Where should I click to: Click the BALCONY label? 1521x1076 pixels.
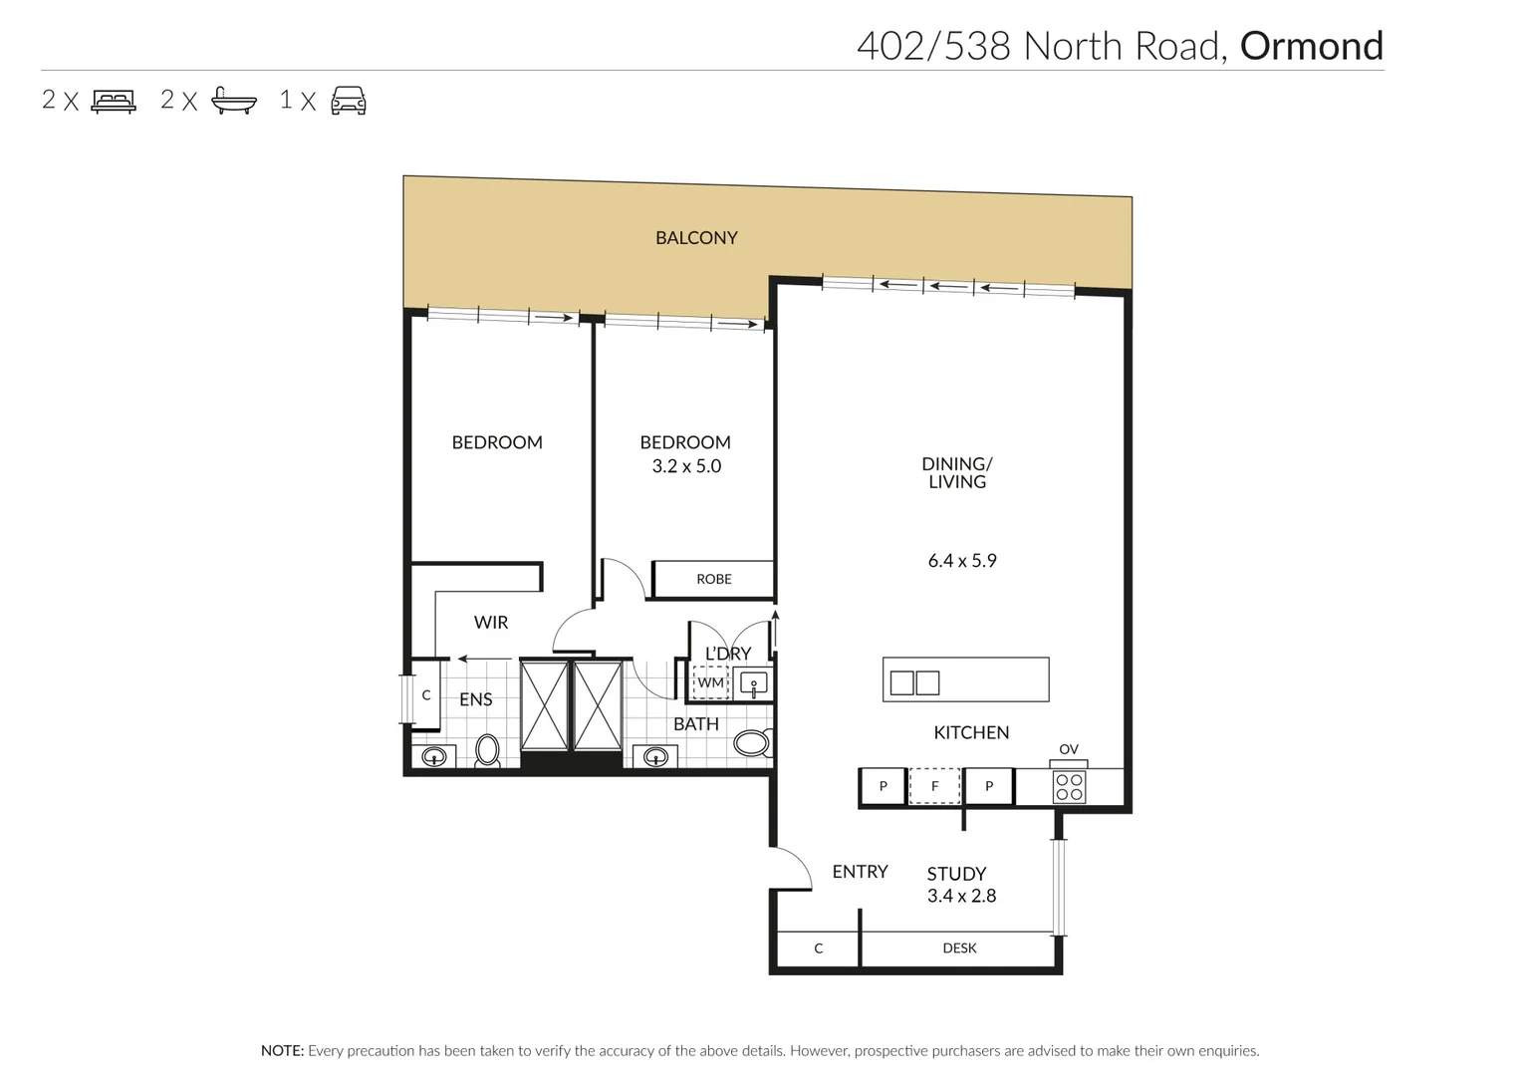pyautogui.click(x=696, y=238)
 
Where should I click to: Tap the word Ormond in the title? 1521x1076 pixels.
pyautogui.click(x=1311, y=46)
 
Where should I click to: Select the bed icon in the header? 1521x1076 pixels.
pyautogui.click(x=114, y=101)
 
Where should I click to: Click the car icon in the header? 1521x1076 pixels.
pyautogui.click(x=349, y=101)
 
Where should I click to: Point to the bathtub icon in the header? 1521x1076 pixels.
pyautogui.click(x=234, y=101)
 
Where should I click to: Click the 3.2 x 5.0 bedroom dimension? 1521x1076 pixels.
pyautogui.click(x=686, y=466)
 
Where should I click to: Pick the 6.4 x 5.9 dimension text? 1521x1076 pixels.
pyautogui.click(x=962, y=561)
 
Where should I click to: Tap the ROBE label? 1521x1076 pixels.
pyautogui.click(x=714, y=579)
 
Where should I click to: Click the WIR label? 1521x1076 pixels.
pyautogui.click(x=491, y=623)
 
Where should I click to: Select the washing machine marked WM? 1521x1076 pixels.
pyautogui.click(x=711, y=683)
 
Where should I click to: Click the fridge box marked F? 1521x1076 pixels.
pyautogui.click(x=935, y=786)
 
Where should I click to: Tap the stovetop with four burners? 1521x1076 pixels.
pyautogui.click(x=1070, y=787)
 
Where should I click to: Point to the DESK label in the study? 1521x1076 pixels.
pyautogui.click(x=959, y=948)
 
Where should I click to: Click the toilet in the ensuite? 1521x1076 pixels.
pyautogui.click(x=487, y=750)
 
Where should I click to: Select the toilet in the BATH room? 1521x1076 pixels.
pyautogui.click(x=752, y=742)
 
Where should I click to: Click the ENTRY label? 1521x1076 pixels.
pyautogui.click(x=860, y=872)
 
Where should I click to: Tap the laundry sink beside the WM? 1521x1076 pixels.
pyautogui.click(x=754, y=684)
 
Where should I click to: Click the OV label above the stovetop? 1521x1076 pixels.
pyautogui.click(x=1069, y=749)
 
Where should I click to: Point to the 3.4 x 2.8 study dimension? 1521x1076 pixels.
pyautogui.click(x=961, y=896)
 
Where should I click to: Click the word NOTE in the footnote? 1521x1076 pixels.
pyautogui.click(x=282, y=1050)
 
